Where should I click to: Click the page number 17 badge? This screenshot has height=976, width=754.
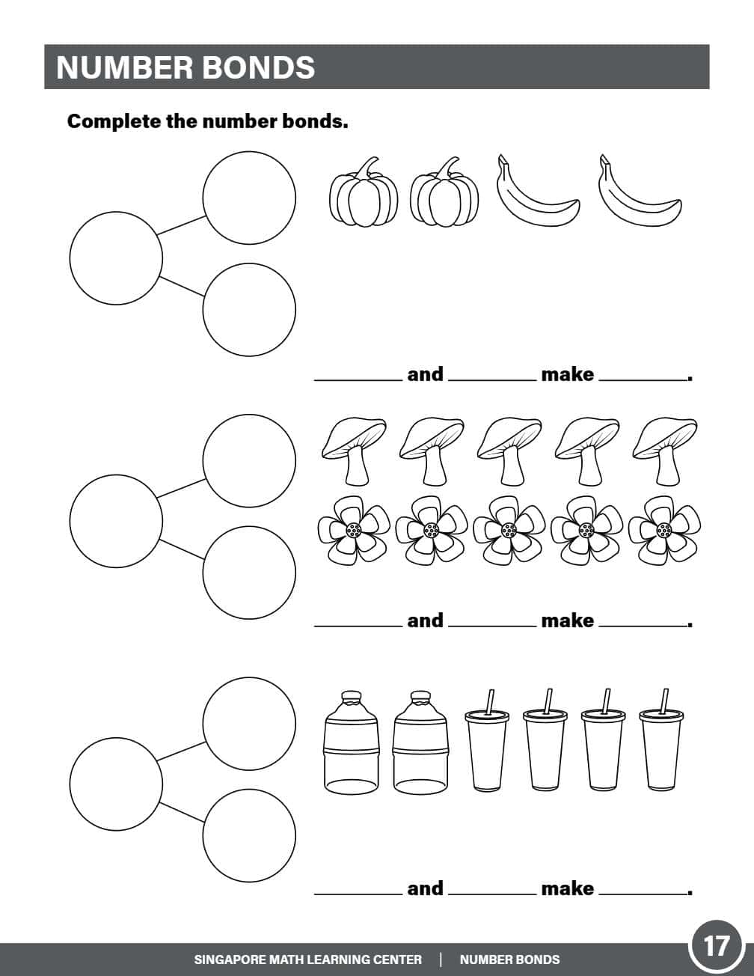(x=716, y=945)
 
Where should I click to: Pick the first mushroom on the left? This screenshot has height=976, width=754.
(x=354, y=449)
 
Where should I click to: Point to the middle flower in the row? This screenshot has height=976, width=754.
(x=509, y=530)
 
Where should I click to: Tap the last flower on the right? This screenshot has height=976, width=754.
(x=663, y=530)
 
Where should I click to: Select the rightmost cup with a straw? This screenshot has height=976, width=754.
(x=661, y=748)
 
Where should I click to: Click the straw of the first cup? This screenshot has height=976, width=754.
(x=491, y=701)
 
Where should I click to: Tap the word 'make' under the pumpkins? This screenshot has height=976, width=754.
(x=567, y=374)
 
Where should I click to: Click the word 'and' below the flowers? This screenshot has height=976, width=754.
(x=425, y=620)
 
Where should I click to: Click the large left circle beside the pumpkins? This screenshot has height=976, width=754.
(x=116, y=258)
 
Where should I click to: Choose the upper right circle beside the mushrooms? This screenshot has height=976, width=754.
(x=249, y=460)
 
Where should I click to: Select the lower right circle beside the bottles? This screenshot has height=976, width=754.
(x=249, y=836)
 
